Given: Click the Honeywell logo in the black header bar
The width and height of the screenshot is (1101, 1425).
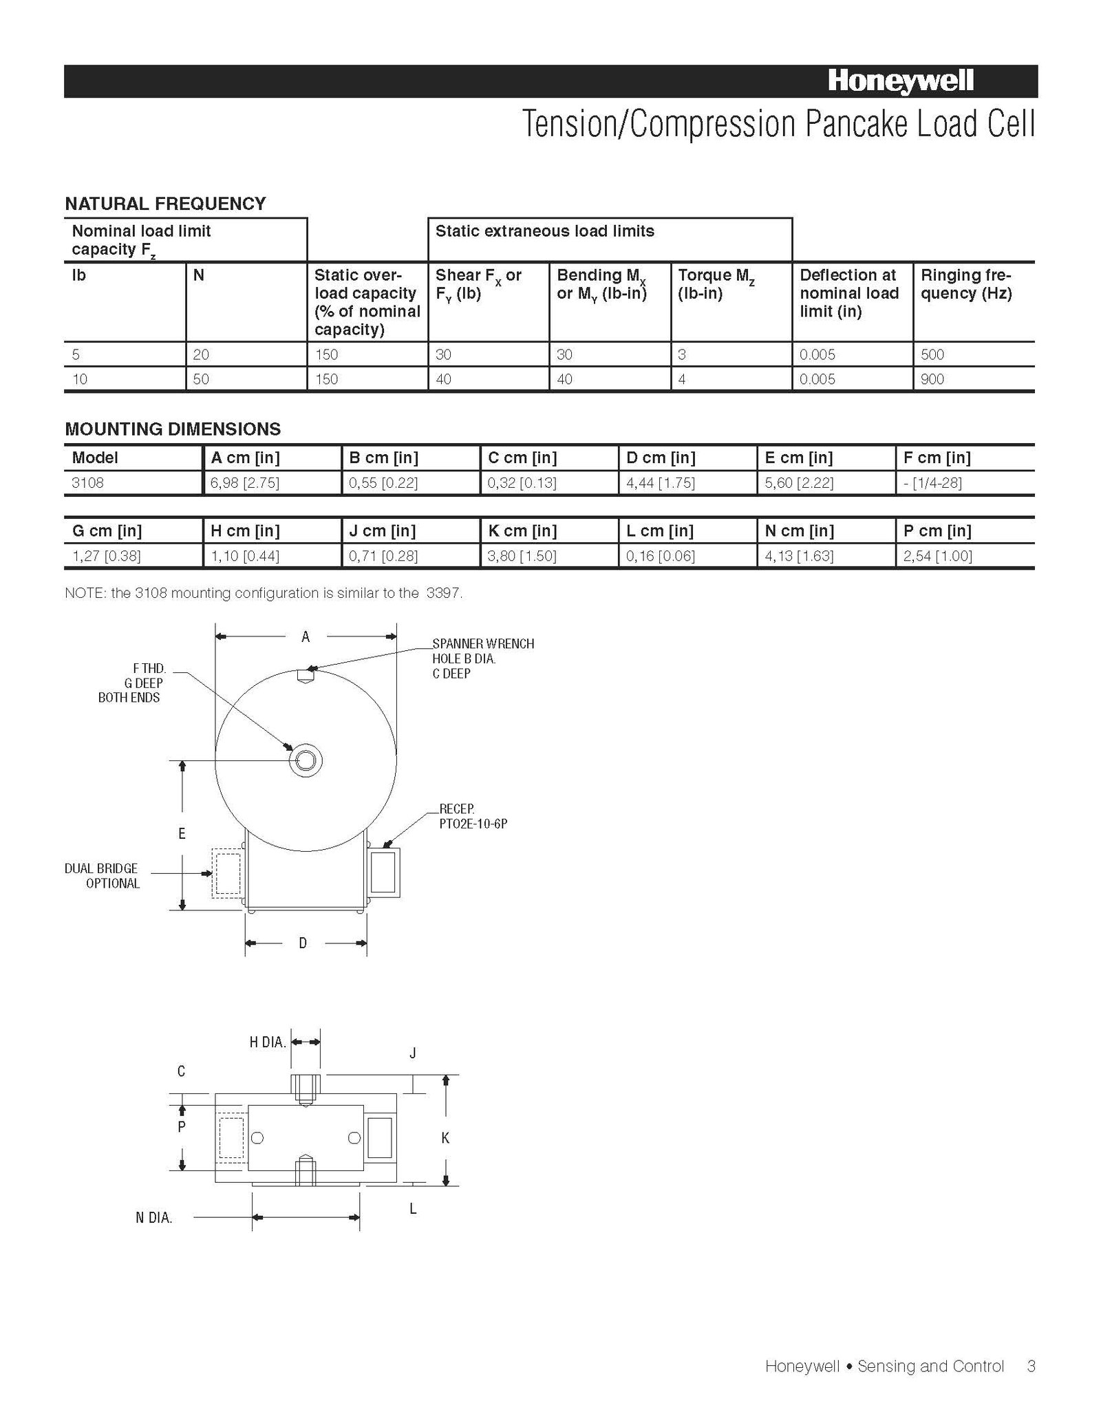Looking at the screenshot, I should click(x=900, y=82).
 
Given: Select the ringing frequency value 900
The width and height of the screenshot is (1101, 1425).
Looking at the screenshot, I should click(x=932, y=379).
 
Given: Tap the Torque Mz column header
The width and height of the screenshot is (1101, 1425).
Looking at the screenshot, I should click(x=716, y=284).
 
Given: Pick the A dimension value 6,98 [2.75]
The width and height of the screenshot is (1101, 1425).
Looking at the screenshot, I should click(x=245, y=483).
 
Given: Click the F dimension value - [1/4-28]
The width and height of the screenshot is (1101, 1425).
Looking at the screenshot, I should click(x=932, y=483).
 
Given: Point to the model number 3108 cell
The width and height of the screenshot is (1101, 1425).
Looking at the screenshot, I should click(x=87, y=483).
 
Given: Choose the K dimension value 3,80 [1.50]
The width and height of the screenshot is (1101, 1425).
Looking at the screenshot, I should click(x=522, y=556).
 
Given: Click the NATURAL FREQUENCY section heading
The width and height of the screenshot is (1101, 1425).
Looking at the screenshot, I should click(x=165, y=204).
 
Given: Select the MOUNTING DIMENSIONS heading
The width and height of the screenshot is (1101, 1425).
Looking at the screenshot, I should click(x=173, y=429).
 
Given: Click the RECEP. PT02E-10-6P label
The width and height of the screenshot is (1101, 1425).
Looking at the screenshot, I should click(x=473, y=816).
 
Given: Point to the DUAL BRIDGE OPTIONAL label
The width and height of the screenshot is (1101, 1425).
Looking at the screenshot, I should click(x=102, y=876).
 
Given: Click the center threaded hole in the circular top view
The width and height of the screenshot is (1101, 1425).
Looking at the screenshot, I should click(x=306, y=761).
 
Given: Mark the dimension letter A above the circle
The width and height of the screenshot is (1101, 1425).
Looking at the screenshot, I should click(x=306, y=637).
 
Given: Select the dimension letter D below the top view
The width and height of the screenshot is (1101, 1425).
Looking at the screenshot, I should click(x=303, y=943).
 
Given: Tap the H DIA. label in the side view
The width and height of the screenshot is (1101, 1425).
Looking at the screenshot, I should click(x=267, y=1042).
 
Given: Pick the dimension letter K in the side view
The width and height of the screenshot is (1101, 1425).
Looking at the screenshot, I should click(x=445, y=1138).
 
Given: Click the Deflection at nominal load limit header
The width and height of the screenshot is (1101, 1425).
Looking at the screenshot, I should click(x=849, y=293).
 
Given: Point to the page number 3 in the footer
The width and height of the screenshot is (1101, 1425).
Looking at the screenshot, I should click(x=1031, y=1366).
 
